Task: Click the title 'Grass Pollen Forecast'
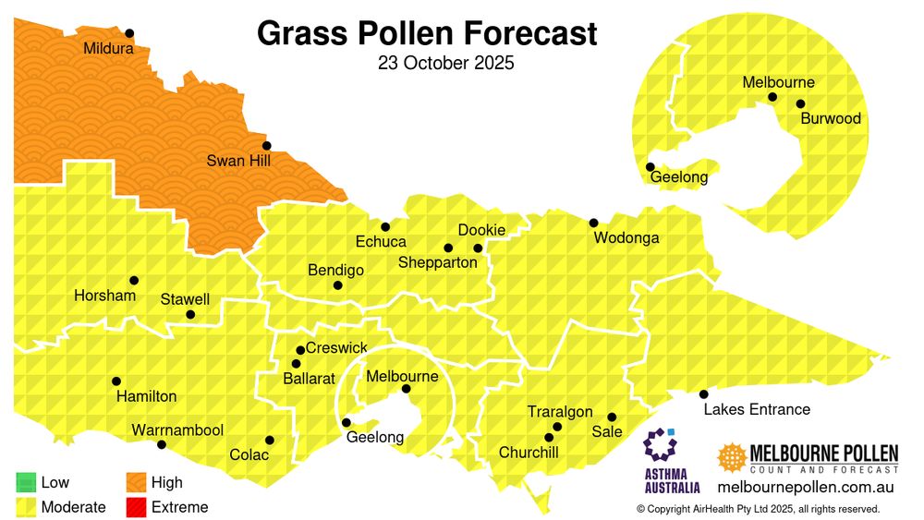pyautogui.click(x=427, y=34)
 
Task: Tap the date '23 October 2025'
pyautogui.click(x=445, y=65)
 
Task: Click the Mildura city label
pyautogui.click(x=108, y=48)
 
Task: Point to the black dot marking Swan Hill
pyautogui.click(x=266, y=145)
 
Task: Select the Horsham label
pyautogui.click(x=104, y=296)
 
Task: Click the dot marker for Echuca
pyautogui.click(x=385, y=226)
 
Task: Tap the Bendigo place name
pyautogui.click(x=335, y=271)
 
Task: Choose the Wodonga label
pyautogui.click(x=626, y=238)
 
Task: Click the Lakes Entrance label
pyautogui.click(x=757, y=409)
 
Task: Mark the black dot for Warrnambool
pyautogui.click(x=162, y=444)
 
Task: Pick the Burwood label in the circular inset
pyautogui.click(x=831, y=118)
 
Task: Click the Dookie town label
pyautogui.click(x=481, y=230)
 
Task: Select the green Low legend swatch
pyautogui.click(x=26, y=482)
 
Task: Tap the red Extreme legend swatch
pyautogui.click(x=136, y=507)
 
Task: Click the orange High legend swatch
pyautogui.click(x=136, y=482)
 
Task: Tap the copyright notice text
pyautogui.click(x=758, y=509)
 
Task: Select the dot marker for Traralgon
pyautogui.click(x=557, y=427)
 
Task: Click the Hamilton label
pyautogui.click(x=146, y=396)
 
